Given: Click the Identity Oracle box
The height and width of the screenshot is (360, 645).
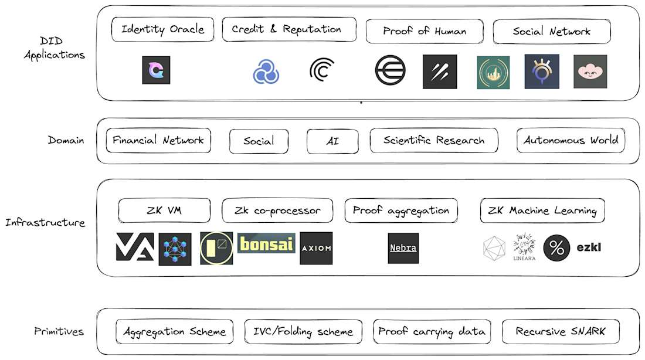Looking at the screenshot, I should pyautogui.click(x=162, y=29).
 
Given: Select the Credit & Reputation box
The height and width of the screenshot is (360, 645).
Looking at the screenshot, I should pyautogui.click(x=288, y=29).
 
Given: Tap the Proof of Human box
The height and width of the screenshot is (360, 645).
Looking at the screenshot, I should pyautogui.click(x=425, y=31).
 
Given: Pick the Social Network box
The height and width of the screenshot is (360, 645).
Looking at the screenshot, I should pyautogui.click(x=551, y=32).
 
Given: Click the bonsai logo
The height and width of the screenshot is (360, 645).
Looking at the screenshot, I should pyautogui.click(x=266, y=244).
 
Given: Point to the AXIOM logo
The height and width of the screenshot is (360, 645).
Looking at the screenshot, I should pyautogui.click(x=316, y=248).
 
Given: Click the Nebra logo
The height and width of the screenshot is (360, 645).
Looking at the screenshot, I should pyautogui.click(x=403, y=248).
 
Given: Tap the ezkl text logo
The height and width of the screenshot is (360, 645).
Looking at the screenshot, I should pyautogui.click(x=588, y=247).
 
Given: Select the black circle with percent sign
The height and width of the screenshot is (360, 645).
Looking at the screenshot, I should pyautogui.click(x=556, y=248).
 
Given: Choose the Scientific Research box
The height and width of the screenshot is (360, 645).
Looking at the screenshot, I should pyautogui.click(x=433, y=141).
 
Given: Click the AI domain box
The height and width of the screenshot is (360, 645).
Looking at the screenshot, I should pyautogui.click(x=332, y=141).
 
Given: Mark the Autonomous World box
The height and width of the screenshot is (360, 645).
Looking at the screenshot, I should pyautogui.click(x=571, y=141).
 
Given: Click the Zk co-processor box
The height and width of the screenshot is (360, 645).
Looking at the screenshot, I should pyautogui.click(x=277, y=210).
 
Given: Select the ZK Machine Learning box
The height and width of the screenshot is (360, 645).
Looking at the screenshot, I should pyautogui.click(x=542, y=211).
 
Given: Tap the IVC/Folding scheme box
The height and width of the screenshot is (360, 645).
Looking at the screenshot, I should pyautogui.click(x=303, y=332).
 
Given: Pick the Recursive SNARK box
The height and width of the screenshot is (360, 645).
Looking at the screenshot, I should pyautogui.click(x=560, y=332).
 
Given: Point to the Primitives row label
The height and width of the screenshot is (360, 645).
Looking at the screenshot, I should pyautogui.click(x=59, y=332).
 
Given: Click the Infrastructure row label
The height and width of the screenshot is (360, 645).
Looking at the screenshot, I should pyautogui.click(x=45, y=223).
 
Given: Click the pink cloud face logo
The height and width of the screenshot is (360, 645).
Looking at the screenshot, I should pyautogui.click(x=590, y=72).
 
